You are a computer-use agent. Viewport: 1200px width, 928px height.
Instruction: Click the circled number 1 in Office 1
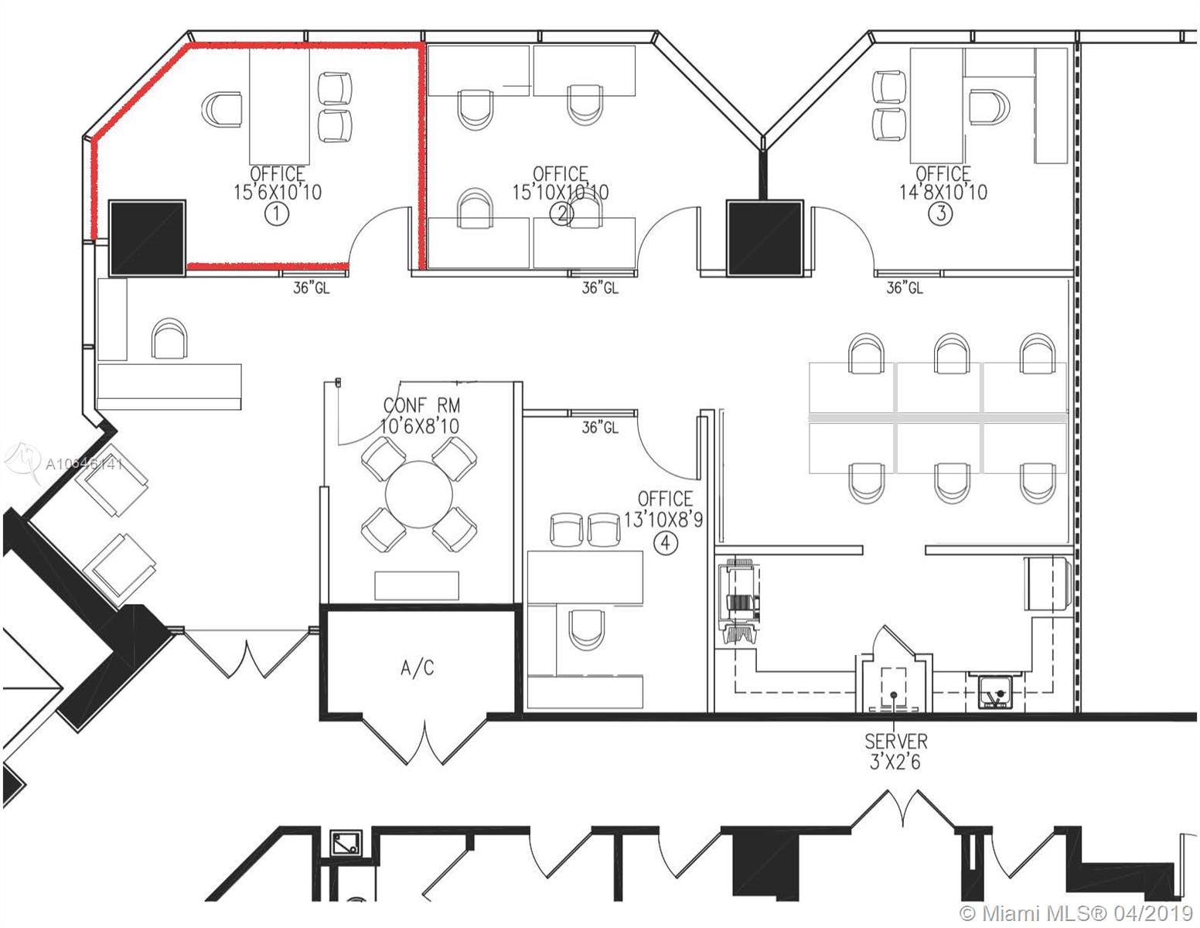[276, 213]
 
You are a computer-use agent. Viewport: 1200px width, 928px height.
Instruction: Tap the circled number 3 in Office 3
[940, 213]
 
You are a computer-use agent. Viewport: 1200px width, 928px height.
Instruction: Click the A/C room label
[417, 668]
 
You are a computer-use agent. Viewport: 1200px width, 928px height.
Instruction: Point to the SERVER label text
[895, 742]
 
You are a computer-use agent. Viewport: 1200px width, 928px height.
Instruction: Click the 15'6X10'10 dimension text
[278, 192]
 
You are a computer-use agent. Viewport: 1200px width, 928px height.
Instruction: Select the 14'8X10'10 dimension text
[943, 191]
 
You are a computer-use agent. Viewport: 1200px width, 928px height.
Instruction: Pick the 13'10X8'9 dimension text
[663, 520]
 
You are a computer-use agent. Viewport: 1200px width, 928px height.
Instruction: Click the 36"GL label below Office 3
[904, 288]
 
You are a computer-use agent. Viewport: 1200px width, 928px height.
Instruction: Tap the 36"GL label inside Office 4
[600, 427]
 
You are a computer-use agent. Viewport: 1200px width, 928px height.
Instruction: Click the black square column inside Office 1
[148, 237]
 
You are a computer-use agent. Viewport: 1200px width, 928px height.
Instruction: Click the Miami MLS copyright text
[1077, 913]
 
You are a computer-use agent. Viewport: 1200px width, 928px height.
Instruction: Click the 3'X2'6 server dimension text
[895, 762]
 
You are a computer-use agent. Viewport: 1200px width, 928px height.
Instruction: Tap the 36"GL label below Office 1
[311, 289]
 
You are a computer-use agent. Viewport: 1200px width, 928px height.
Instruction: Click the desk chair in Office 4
[585, 629]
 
